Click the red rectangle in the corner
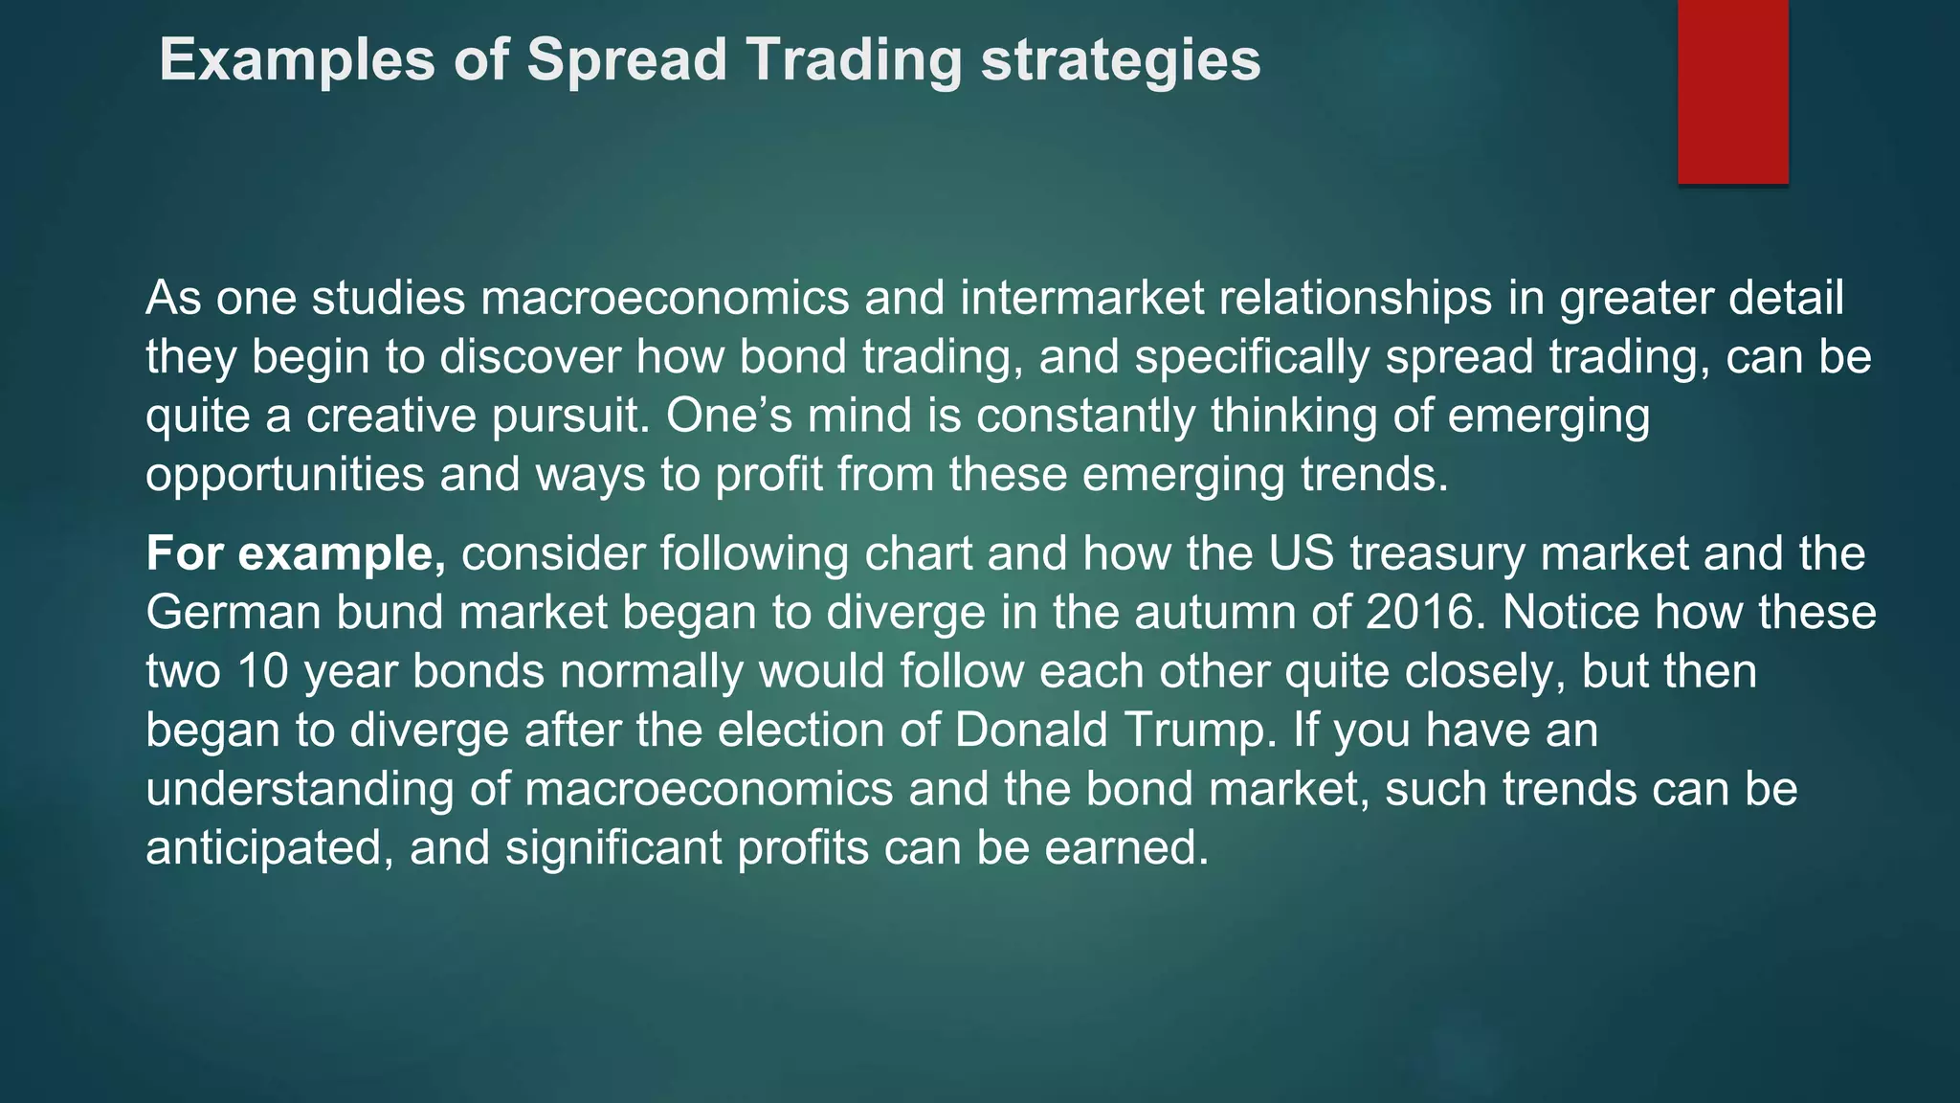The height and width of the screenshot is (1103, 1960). [1732, 91]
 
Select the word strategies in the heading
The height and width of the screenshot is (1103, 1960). [1121, 59]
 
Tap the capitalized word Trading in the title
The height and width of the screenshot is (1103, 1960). [853, 59]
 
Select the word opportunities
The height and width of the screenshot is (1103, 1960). [284, 475]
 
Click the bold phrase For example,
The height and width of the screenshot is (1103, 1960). [296, 554]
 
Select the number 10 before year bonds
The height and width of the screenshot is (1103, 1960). [262, 671]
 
